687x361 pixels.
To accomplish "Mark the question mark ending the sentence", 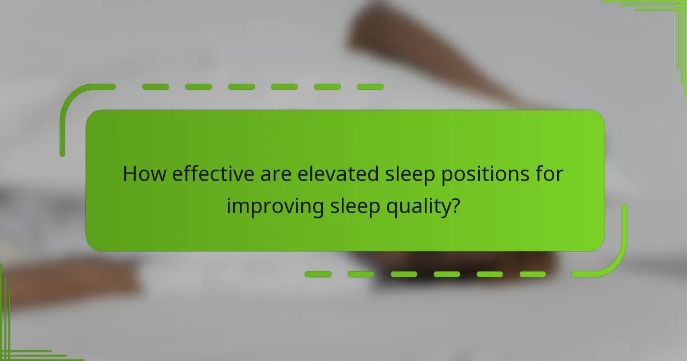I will (454, 205).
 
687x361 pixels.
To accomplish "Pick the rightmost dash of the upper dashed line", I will (370, 87).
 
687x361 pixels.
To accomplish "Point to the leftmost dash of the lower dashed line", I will (318, 274).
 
